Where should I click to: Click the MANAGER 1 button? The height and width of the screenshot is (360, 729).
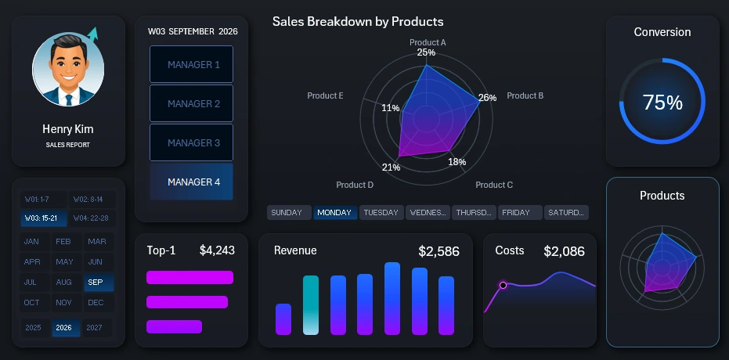(x=191, y=64)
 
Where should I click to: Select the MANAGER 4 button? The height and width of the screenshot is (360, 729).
(x=191, y=182)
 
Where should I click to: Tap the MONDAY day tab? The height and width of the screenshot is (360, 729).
(x=334, y=212)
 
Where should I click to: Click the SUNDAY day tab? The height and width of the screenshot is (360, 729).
(x=288, y=212)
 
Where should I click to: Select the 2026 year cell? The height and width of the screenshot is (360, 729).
(x=65, y=328)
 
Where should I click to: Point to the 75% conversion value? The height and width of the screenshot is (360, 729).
(x=662, y=103)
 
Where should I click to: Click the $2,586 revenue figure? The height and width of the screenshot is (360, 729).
(x=438, y=251)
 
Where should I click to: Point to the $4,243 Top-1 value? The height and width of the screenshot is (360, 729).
(x=217, y=250)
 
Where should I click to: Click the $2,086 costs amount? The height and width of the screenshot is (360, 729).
(x=564, y=251)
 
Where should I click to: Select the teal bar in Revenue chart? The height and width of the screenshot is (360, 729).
(x=311, y=304)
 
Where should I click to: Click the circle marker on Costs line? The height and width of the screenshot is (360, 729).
(x=503, y=285)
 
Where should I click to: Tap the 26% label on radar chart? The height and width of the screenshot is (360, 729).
(x=487, y=98)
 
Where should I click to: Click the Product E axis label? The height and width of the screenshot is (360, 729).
(x=325, y=95)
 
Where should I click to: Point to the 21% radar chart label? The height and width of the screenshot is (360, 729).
(x=391, y=167)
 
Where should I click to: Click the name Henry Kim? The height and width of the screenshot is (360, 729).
(x=68, y=129)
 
